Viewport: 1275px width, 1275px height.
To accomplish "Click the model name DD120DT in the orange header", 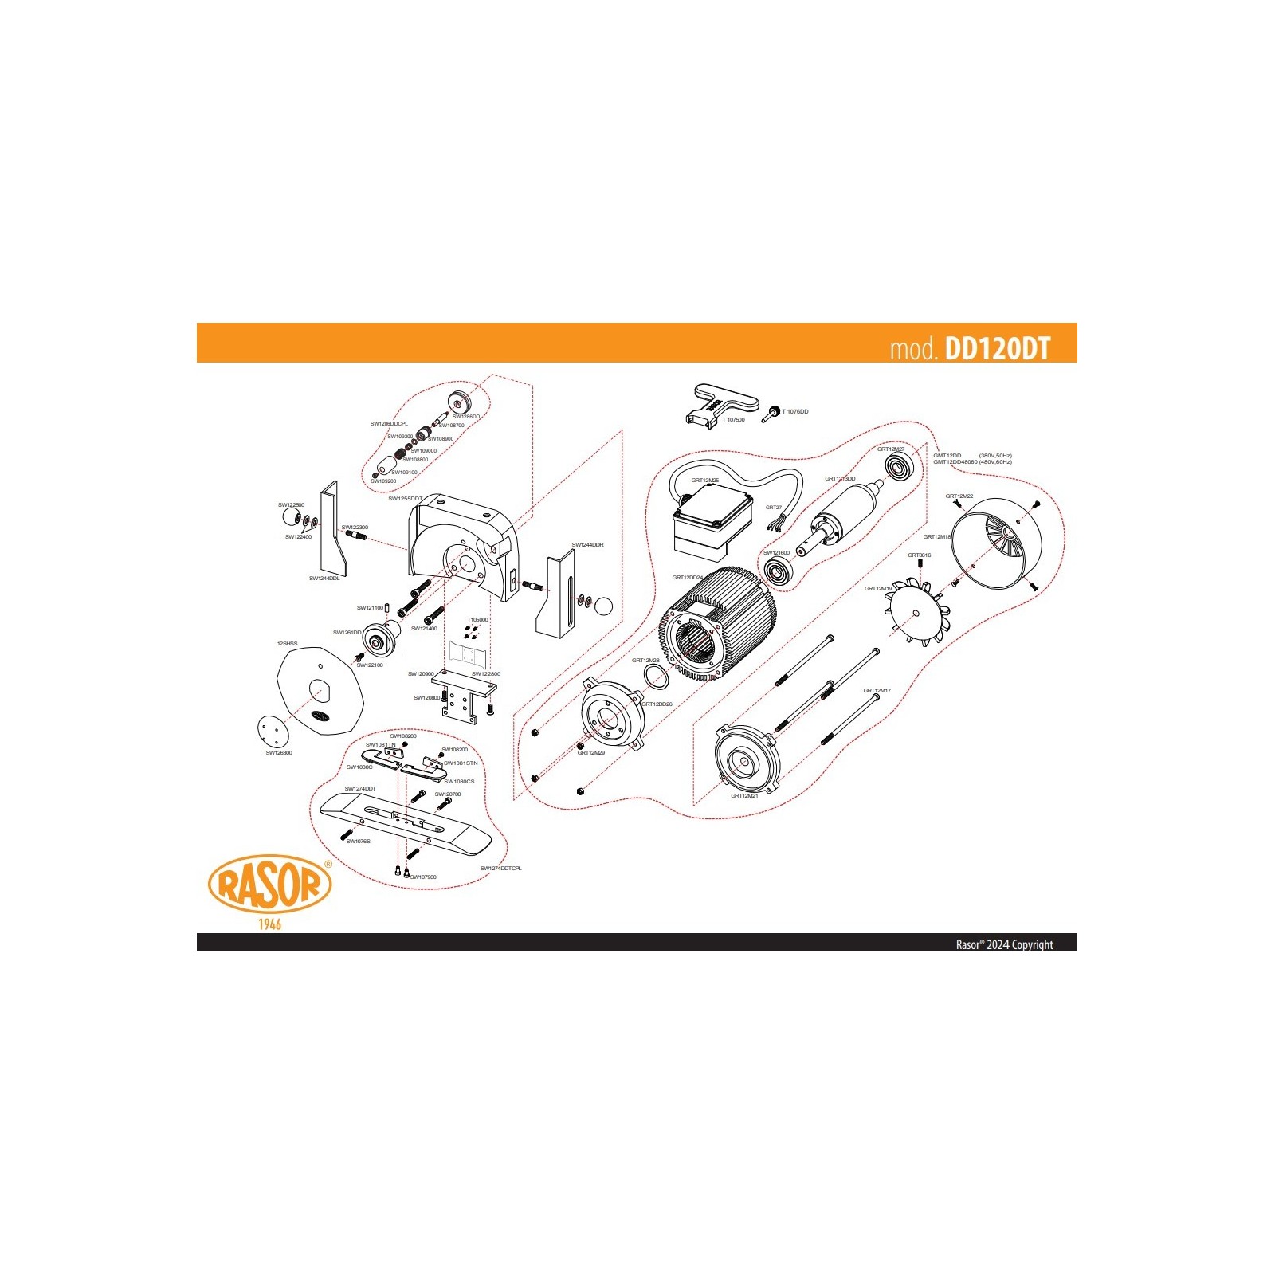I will (x=997, y=349).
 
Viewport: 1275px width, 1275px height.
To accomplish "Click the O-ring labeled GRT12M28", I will (x=655, y=677).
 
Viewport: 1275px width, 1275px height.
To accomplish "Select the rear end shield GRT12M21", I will (x=745, y=761).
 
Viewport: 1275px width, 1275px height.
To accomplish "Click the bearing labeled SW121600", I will (x=777, y=571).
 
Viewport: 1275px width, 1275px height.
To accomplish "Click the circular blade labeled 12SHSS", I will (x=319, y=690).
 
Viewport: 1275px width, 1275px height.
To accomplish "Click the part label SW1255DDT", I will (x=405, y=499).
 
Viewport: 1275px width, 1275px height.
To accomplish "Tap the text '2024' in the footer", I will (x=998, y=944).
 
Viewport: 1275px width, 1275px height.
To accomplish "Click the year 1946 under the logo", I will (x=269, y=924).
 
